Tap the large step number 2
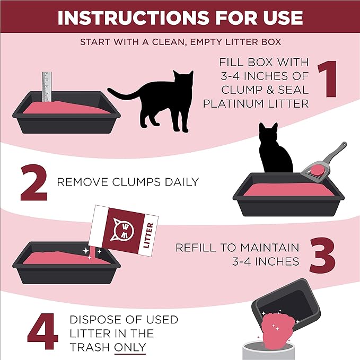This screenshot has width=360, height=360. coord(36,182)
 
